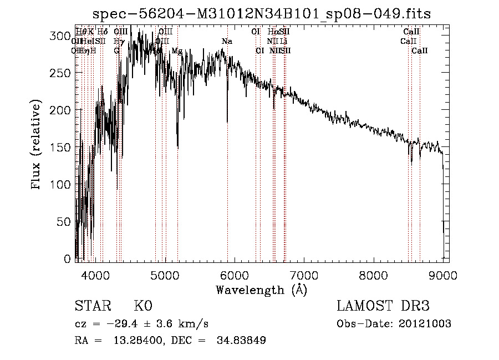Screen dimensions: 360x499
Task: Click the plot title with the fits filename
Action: tap(261, 13)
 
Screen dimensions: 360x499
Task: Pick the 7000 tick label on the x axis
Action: tap(304, 274)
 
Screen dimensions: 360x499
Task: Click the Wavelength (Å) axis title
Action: tap(261, 290)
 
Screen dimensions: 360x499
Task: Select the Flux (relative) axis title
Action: tap(37, 145)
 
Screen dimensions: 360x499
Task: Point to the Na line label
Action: tap(227, 42)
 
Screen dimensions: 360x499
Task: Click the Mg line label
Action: tap(177, 50)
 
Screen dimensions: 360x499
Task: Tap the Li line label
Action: tap(283, 42)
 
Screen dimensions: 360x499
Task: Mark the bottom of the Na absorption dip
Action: tap(227, 121)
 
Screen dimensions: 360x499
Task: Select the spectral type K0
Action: tap(143, 306)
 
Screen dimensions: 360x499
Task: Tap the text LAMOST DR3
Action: tap(383, 306)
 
